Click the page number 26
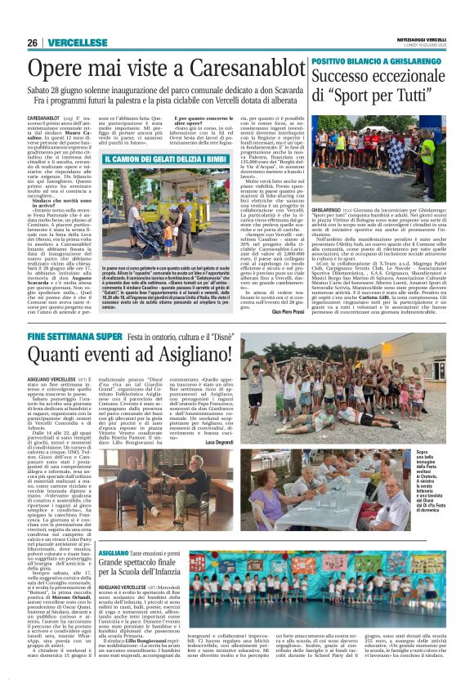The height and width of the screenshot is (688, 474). coord(32,42)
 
